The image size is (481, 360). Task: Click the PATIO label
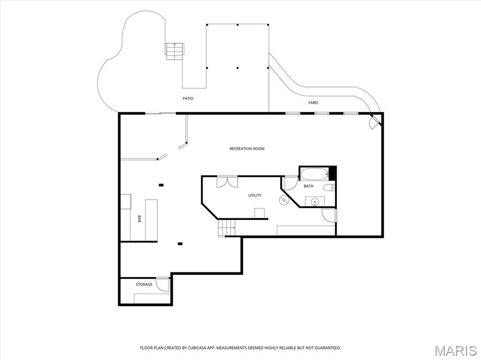click(188, 99)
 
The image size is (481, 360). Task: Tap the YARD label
click(313, 103)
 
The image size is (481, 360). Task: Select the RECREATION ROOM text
click(247, 149)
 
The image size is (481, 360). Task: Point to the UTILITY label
click(255, 195)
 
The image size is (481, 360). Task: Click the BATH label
click(309, 186)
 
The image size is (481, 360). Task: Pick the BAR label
click(140, 219)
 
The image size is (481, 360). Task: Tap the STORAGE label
click(144, 284)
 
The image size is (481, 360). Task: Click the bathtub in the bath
click(315, 174)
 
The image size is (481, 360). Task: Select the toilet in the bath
click(329, 187)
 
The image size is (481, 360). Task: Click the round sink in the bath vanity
click(314, 202)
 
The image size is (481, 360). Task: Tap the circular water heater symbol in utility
click(284, 200)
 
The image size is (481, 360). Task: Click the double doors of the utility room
click(227, 182)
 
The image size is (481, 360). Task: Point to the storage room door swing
click(163, 284)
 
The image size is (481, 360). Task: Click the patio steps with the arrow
click(175, 52)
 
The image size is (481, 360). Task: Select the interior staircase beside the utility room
click(226, 228)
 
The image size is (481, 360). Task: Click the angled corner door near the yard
click(375, 122)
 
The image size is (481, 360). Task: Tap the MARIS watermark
click(456, 351)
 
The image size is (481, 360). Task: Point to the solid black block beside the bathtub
click(333, 174)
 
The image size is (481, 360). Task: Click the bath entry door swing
click(290, 184)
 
